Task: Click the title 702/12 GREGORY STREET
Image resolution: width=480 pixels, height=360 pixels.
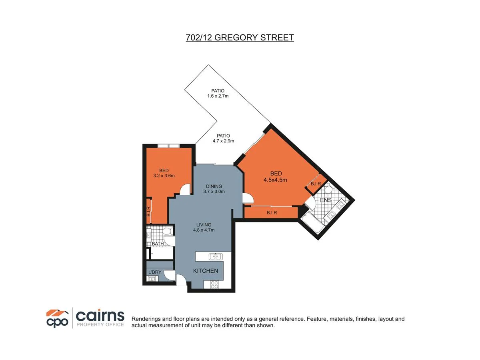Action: [240, 38]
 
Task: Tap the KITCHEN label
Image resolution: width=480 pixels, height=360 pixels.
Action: [206, 271]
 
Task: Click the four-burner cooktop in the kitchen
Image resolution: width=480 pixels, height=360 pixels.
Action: [214, 285]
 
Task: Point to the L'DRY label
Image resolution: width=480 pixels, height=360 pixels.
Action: [154, 272]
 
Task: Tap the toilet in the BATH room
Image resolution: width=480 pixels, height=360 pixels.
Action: [168, 231]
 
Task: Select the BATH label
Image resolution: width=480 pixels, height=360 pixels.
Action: [158, 244]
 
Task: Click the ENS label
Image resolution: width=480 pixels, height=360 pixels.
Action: [326, 200]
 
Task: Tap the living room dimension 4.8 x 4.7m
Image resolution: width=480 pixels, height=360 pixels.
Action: [204, 230]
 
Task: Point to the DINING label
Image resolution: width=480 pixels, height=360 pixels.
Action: [214, 186]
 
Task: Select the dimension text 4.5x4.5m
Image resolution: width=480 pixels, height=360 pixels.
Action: [275, 180]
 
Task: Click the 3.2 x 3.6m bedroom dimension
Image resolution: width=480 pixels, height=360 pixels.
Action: [164, 175]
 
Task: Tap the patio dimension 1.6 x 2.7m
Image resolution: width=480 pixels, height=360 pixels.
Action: [218, 96]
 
